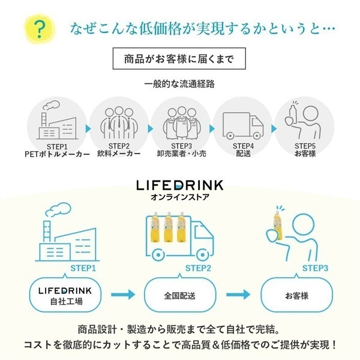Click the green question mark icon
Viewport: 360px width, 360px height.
pos(40,29)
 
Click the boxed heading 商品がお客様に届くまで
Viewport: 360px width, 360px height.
pos(179,59)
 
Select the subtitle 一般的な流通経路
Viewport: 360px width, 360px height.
pos(179,84)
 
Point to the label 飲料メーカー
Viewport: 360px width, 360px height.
pos(119,154)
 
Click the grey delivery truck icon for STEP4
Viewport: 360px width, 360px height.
pos(243,125)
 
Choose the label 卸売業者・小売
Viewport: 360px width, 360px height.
pos(181,154)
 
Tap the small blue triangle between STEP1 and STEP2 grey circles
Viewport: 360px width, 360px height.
pos(88,129)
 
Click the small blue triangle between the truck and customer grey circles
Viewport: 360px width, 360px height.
pos(274,129)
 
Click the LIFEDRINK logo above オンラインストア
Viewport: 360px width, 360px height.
pos(180,185)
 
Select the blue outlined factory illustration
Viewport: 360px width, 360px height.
pos(67,232)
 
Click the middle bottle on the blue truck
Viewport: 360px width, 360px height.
pos(168,227)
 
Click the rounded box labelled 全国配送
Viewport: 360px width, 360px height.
pos(180,295)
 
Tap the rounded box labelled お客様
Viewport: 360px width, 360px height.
pos(296,295)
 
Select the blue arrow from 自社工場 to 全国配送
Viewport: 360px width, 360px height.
pos(123,295)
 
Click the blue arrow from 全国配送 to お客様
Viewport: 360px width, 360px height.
pos(238,295)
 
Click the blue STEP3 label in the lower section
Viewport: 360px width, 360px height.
pos(315,268)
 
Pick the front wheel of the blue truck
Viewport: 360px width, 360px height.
pos(202,255)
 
